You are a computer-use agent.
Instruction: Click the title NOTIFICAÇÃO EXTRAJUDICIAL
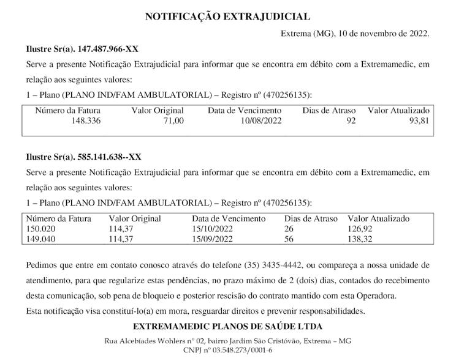click(x=227, y=17)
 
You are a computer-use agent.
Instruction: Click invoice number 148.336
click(x=86, y=121)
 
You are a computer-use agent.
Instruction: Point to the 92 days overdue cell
click(x=351, y=121)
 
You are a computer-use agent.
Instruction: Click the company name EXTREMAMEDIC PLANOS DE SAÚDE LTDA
click(x=227, y=327)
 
